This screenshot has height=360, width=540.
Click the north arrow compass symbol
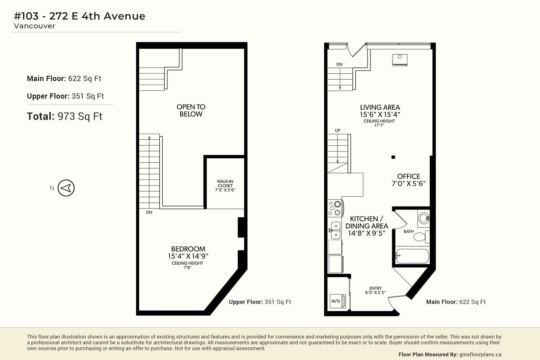(66, 188)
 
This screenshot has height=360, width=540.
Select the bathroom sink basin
(424, 218)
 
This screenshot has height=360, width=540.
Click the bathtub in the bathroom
(412, 256)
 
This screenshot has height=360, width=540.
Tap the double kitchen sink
(335, 230)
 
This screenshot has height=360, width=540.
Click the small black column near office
(393, 157)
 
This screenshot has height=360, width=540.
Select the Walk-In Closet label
(225, 186)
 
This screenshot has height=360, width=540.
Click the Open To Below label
(191, 110)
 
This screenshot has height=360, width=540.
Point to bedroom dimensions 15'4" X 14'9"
(188, 256)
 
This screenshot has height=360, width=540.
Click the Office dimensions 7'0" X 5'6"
(409, 184)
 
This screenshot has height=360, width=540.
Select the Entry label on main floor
(375, 288)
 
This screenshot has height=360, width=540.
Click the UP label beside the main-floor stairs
(337, 130)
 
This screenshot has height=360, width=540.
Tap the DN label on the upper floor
(149, 212)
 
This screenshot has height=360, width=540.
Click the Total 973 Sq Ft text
(64, 116)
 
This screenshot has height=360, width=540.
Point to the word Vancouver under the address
(34, 26)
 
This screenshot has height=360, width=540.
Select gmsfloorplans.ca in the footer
(480, 355)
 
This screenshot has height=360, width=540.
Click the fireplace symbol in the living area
(400, 60)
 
